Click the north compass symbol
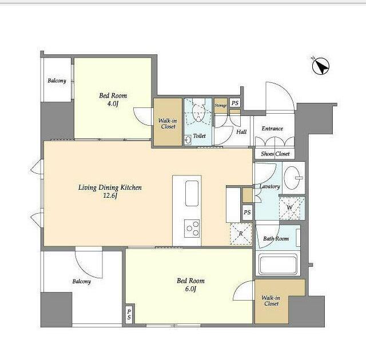pyautogui.click(x=320, y=66)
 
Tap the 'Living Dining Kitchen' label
pyautogui.click(x=110, y=187)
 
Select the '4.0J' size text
pyautogui.click(x=113, y=103)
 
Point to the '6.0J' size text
pyautogui.click(x=190, y=289)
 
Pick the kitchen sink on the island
pyautogui.click(x=192, y=193)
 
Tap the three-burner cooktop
pyautogui.click(x=192, y=228)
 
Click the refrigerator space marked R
pyautogui.click(x=241, y=234)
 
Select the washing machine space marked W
pyautogui.click(x=290, y=208)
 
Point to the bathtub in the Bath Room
pyautogui.click(x=277, y=265)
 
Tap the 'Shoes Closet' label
pyautogui.click(x=275, y=154)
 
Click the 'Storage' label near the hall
pyautogui.click(x=221, y=105)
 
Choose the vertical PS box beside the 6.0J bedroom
pyautogui.click(x=129, y=314)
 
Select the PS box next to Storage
pyautogui.click(x=235, y=103)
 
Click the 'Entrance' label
pyautogui.click(x=272, y=129)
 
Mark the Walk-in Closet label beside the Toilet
pyautogui.click(x=168, y=123)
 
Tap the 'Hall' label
pyautogui.click(x=241, y=132)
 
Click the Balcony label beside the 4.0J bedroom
pyautogui.click(x=57, y=81)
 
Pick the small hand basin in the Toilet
pyautogui.click(x=188, y=139)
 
